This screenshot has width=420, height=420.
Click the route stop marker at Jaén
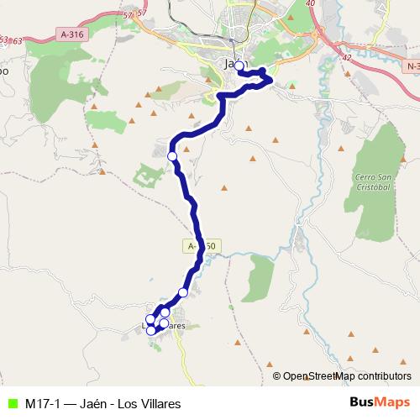239,66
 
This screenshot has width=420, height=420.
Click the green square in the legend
11,403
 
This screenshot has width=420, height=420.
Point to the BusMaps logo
379,403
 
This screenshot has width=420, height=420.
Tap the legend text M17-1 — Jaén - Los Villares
102,403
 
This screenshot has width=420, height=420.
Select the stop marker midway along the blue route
172,156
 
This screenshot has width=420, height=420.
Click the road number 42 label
345,59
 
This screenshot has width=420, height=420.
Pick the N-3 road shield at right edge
412,65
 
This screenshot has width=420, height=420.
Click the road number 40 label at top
311,4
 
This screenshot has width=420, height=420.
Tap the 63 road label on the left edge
4,39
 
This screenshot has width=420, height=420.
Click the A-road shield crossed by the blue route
202,246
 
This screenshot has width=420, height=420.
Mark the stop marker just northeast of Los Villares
183,292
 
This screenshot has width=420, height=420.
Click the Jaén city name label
233,64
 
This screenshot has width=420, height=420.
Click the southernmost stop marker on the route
151,330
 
